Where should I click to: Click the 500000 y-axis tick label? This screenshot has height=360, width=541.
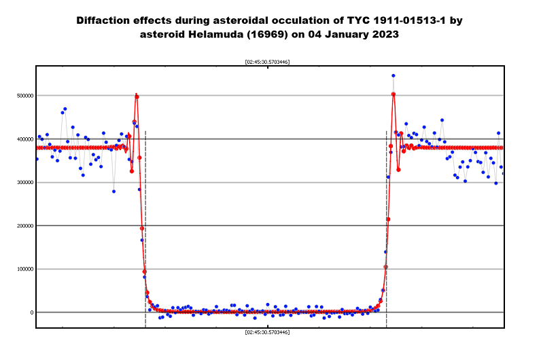tap(25, 96)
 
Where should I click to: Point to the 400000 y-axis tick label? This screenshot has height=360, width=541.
tap(25, 139)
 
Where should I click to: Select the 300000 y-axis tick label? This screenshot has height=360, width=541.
tap(25, 183)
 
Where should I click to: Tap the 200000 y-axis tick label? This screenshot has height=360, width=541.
tap(25, 226)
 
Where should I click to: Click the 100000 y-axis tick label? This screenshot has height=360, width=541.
tap(25, 269)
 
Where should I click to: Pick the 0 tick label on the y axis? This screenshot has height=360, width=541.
tap(32, 312)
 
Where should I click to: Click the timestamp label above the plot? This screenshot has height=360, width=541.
tap(267, 62)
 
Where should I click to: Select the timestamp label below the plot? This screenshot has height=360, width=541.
tap(267, 332)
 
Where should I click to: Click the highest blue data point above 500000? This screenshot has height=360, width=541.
tap(394, 75)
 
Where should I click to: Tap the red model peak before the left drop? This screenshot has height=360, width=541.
tap(137, 97)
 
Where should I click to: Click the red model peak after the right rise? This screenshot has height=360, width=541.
tap(394, 94)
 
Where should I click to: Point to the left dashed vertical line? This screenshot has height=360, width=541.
tap(145, 229)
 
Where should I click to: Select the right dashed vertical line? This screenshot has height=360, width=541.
tap(387, 229)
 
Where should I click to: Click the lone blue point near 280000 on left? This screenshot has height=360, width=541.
tap(114, 192)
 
